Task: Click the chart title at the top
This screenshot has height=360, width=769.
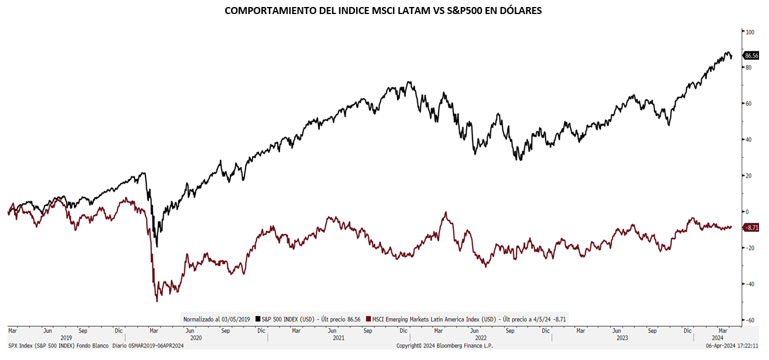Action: [x=383, y=11]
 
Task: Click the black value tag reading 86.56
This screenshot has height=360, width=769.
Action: [x=751, y=56]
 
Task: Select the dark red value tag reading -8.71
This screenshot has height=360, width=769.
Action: [x=751, y=227]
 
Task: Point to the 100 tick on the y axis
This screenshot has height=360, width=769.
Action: [x=750, y=32]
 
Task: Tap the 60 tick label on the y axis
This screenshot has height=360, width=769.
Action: [x=749, y=103]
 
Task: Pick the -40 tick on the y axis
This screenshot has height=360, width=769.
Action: [x=749, y=284]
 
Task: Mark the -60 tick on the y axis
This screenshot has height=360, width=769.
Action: [x=749, y=320]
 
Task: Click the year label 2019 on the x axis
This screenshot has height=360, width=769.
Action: [x=66, y=338]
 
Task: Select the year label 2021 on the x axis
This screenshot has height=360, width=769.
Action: [x=338, y=338]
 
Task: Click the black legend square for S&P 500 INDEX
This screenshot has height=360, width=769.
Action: [x=258, y=319]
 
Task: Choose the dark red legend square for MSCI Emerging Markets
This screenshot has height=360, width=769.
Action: [x=368, y=319]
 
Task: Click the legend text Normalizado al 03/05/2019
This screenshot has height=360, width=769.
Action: [x=216, y=319]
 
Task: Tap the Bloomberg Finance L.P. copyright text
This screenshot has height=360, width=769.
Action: [x=444, y=346]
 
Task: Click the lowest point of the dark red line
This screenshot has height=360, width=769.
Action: [x=157, y=301]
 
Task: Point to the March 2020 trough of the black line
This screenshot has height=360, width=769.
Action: [x=157, y=246]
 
